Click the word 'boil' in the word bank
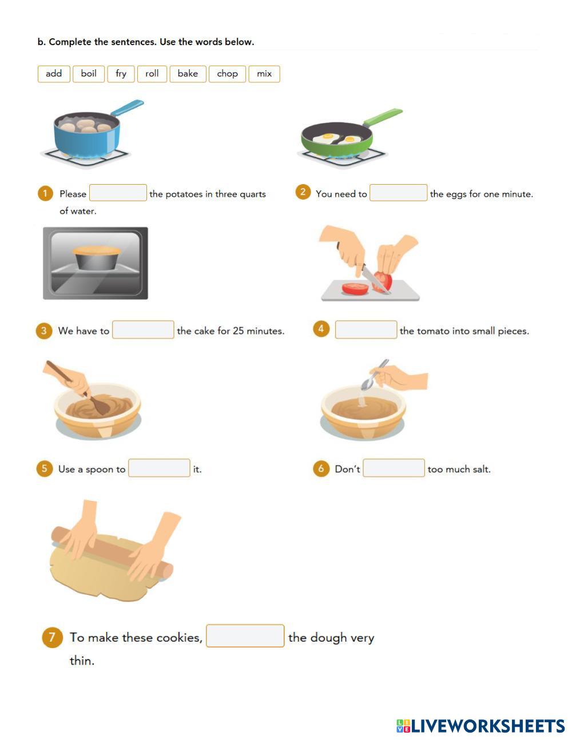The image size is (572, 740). [x=89, y=74]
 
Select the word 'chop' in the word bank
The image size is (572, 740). [x=227, y=74]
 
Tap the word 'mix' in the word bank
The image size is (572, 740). [x=264, y=74]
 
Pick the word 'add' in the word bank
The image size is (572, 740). [x=54, y=74]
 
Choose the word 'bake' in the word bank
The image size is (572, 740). [x=188, y=74]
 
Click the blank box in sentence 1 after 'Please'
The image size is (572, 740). [x=118, y=193]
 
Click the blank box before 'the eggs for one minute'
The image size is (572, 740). [x=398, y=193]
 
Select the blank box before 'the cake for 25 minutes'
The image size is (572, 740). [x=143, y=329]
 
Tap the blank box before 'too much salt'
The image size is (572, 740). [x=394, y=468]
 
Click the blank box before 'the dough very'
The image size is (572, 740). [x=245, y=636]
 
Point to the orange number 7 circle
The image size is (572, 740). [x=52, y=637]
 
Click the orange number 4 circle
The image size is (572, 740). [x=321, y=329]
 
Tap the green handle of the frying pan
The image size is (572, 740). [x=383, y=117]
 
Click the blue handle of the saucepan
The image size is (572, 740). [x=128, y=108]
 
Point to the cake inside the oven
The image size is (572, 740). [x=96, y=258]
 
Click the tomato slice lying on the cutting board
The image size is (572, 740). [x=355, y=289]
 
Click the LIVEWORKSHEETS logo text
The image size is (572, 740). [x=488, y=726]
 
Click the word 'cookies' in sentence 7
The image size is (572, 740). [x=180, y=637]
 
